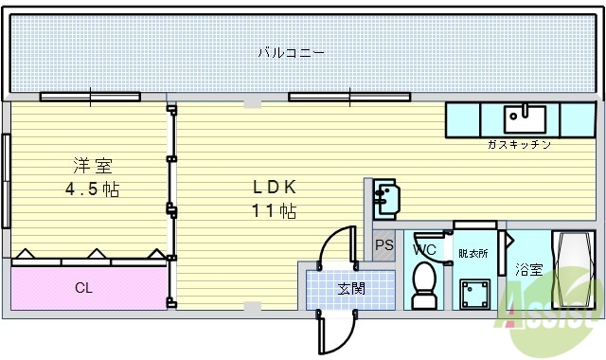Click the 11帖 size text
[x=274, y=210]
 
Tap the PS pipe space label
[x=383, y=246]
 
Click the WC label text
[x=423, y=250]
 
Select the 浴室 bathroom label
[x=528, y=270]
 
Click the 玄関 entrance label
[x=351, y=288]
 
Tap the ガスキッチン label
[x=519, y=145]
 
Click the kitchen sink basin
[x=525, y=119]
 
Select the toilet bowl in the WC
[x=424, y=281]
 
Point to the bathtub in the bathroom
[x=574, y=270]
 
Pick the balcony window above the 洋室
[x=90, y=96]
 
